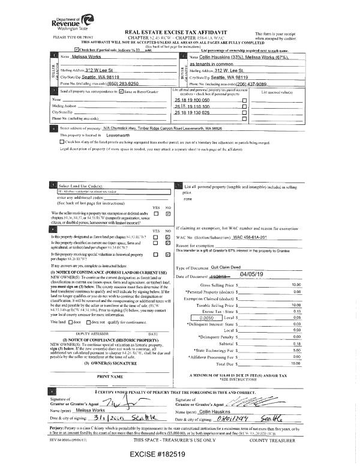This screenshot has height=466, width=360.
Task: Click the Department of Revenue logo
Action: pyautogui.click(x=62, y=25)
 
